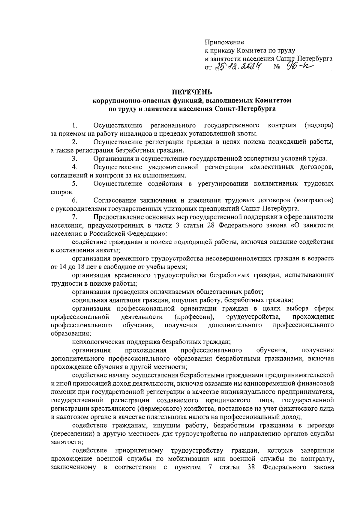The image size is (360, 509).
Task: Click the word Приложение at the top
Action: point(224,43)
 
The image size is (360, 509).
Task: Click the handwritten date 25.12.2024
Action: point(238,67)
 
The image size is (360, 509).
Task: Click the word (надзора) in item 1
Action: point(319,125)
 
